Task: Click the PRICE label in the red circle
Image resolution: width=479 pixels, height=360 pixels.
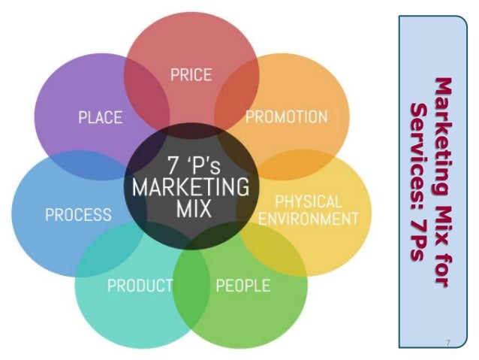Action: click(191, 75)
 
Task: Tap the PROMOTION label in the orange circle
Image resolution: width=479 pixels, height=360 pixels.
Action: click(286, 117)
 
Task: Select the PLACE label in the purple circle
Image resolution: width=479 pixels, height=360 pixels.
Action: click(101, 117)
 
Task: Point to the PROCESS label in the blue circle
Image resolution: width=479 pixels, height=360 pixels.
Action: click(78, 214)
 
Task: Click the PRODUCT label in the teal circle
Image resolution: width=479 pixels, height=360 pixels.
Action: click(140, 285)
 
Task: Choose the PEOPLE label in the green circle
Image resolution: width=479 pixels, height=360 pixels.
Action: click(243, 285)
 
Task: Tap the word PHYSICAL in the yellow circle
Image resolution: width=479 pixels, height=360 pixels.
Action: click(309, 201)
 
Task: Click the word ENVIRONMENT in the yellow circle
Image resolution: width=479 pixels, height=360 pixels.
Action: click(309, 219)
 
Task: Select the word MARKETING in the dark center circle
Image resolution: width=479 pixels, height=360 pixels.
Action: click(191, 186)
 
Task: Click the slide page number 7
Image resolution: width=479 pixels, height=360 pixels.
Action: click(447, 343)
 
